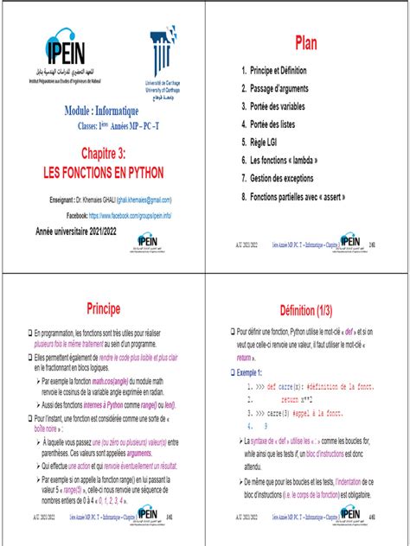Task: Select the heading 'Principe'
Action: click(102, 308)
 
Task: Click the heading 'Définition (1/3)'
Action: click(306, 308)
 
